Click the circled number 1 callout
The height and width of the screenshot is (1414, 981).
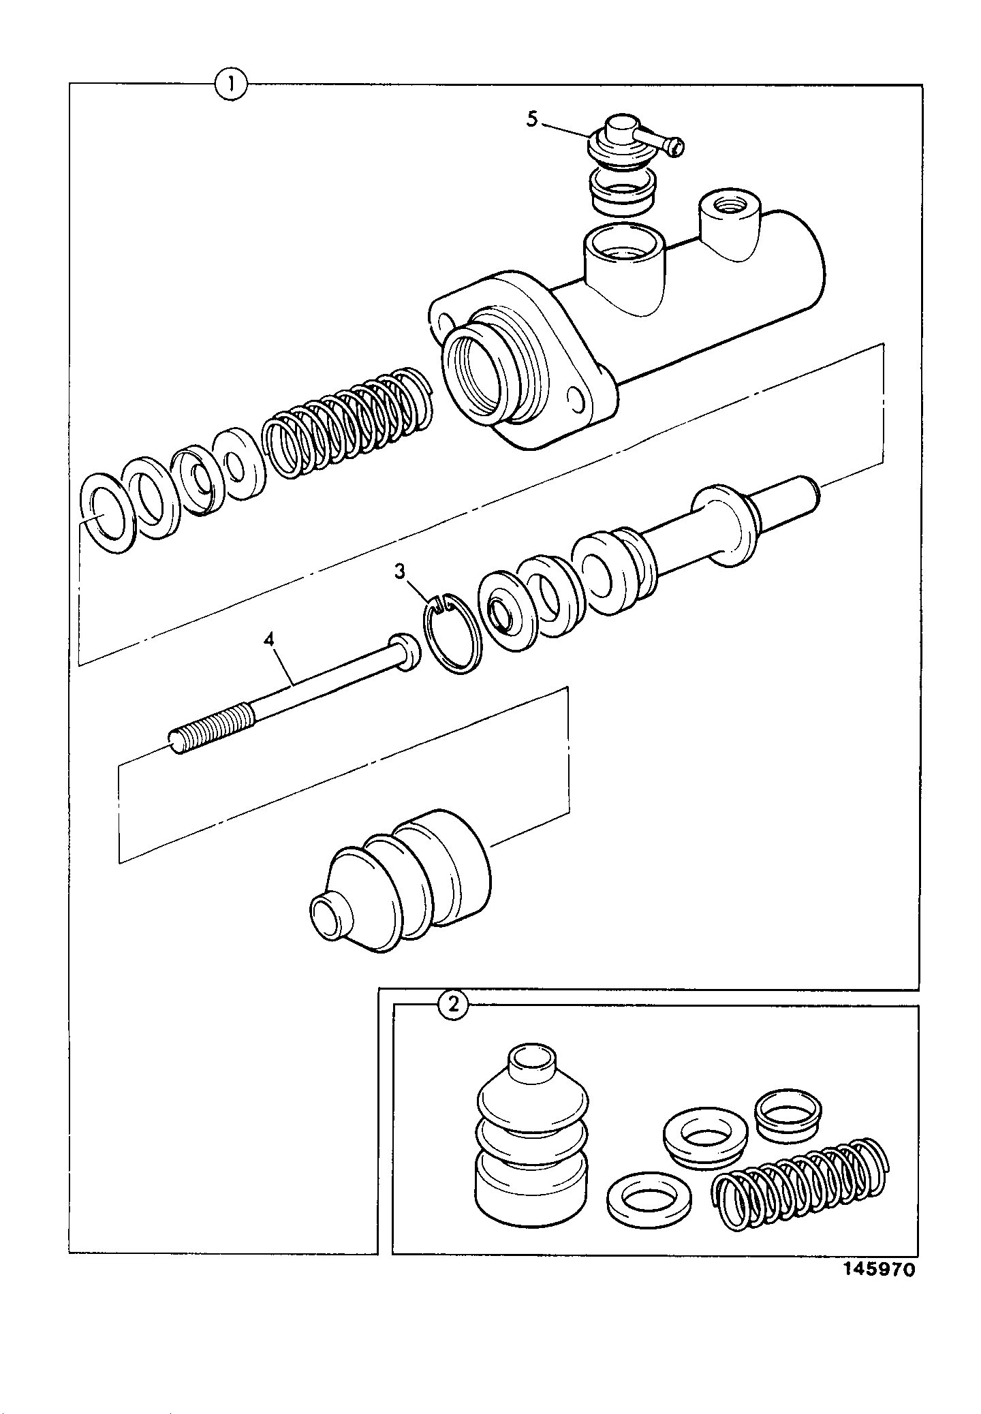click(231, 84)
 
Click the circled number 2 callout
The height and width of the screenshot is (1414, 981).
click(452, 1005)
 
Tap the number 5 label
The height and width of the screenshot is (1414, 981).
click(532, 120)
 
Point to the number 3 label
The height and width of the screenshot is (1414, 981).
click(400, 571)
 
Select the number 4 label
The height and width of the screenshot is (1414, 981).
click(270, 641)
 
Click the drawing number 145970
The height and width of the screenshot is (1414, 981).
click(879, 1270)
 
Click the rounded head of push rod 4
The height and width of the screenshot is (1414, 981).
click(405, 651)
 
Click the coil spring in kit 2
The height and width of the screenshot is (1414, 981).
click(800, 1182)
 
